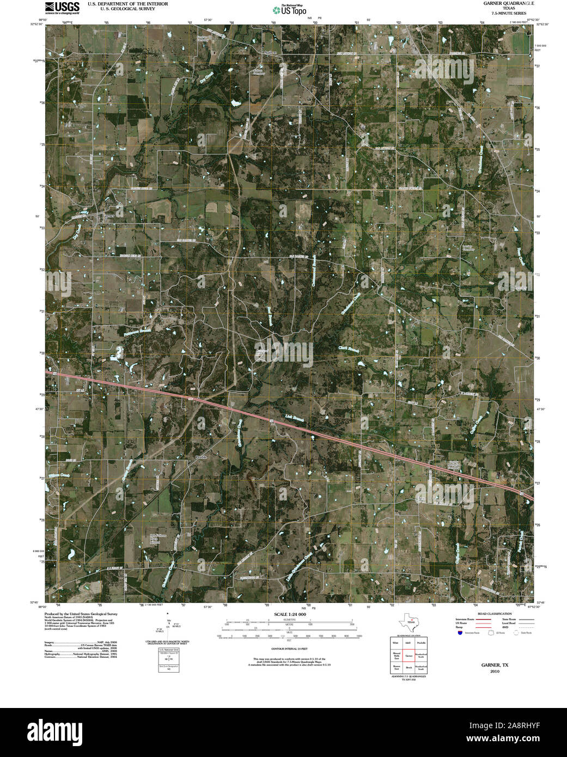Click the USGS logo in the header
coord(62,7)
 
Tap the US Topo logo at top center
coord(290,10)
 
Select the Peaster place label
coord(200,457)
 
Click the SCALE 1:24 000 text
coord(286,614)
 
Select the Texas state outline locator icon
coord(410,621)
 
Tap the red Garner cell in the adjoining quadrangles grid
coord(409,656)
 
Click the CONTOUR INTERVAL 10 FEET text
coord(286,649)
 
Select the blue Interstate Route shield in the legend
coord(460,633)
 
